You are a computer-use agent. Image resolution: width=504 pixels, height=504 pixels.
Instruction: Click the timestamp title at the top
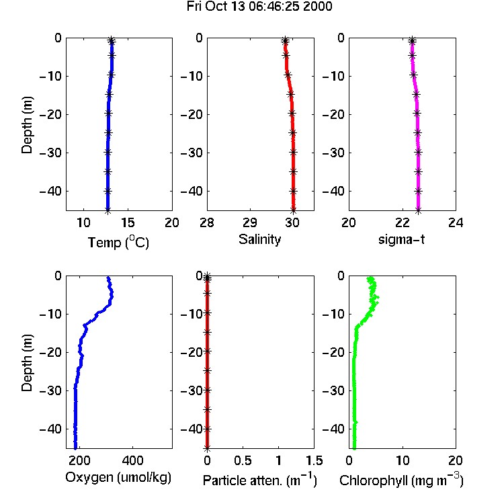tap(259, 7)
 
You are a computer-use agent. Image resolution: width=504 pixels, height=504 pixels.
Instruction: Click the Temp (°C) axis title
tap(118, 242)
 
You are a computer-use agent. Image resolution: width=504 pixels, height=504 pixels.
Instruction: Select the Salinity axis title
tap(259, 239)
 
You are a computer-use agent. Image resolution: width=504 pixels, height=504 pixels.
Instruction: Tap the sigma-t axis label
tap(401, 239)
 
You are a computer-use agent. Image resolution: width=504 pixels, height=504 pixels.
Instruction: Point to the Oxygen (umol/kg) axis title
tap(118, 478)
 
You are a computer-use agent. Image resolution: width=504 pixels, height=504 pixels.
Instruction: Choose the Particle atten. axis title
tap(260, 480)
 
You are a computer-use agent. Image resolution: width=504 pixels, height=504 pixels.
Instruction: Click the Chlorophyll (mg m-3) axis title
tap(401, 480)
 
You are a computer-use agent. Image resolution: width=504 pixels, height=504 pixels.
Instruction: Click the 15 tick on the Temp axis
tap(128, 222)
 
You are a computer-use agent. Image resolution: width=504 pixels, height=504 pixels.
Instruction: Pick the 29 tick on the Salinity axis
tap(250, 222)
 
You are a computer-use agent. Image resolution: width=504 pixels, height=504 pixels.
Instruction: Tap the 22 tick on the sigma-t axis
tap(403, 222)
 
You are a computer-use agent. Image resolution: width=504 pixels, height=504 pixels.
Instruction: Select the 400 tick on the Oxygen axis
tap(133, 460)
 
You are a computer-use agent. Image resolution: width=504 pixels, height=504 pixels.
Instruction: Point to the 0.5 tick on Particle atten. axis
tap(243, 460)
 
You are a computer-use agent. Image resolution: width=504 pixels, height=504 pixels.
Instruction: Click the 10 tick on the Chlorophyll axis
tap(403, 460)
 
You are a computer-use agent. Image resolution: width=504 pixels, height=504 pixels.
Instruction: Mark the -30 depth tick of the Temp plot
tap(50, 153)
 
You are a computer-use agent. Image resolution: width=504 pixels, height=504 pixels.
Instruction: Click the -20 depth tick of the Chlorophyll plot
tap(334, 352)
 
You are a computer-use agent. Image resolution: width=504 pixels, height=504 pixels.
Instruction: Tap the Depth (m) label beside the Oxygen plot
tap(27, 363)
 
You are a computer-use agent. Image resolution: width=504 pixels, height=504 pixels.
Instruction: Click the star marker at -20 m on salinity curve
tap(292, 114)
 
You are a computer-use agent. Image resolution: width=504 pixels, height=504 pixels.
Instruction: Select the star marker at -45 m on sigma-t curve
tap(418, 211)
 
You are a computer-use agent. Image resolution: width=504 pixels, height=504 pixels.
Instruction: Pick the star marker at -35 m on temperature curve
tap(108, 171)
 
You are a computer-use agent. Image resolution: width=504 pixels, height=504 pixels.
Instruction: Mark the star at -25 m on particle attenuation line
tap(208, 370)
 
